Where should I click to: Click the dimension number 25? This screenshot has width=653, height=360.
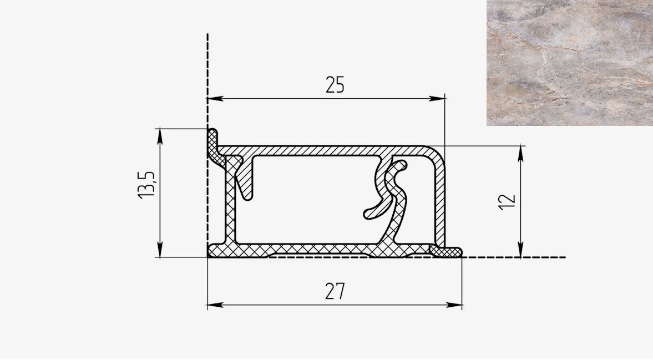[335, 85]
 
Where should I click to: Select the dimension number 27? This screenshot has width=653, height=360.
[335, 291]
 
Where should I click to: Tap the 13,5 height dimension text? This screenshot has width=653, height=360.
[146, 184]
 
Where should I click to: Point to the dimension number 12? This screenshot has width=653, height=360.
[507, 202]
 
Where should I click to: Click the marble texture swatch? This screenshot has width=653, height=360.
[570, 63]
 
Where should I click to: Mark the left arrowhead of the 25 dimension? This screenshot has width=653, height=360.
[215, 99]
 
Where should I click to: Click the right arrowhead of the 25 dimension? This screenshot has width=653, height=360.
[437, 99]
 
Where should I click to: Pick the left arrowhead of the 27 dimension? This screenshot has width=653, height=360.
[215, 305]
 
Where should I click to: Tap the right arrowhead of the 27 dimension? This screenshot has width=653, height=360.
[454, 305]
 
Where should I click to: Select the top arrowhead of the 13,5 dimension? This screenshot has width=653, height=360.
[160, 136]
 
